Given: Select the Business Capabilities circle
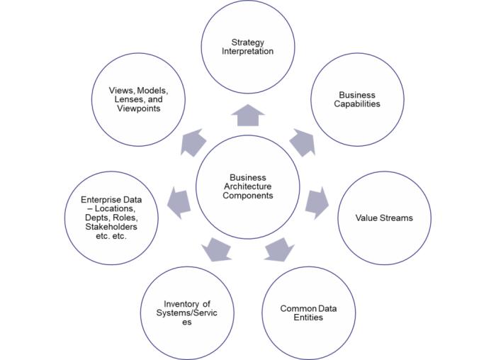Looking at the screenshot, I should [x=357, y=99].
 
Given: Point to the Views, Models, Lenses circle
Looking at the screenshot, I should [x=139, y=99].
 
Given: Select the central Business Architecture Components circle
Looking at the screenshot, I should [x=247, y=186].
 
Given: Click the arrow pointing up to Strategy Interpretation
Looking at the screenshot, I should [x=247, y=116].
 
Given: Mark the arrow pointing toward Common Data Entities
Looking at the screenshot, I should [x=279, y=250].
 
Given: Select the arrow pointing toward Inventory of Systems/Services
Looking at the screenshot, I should [x=215, y=250].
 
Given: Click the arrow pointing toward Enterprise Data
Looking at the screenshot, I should [x=179, y=203].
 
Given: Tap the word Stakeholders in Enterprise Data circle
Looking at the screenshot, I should [x=111, y=227].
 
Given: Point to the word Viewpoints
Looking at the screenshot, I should [x=139, y=109].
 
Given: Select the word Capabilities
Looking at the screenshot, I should [x=358, y=103].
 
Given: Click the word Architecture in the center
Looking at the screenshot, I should [x=247, y=186].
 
